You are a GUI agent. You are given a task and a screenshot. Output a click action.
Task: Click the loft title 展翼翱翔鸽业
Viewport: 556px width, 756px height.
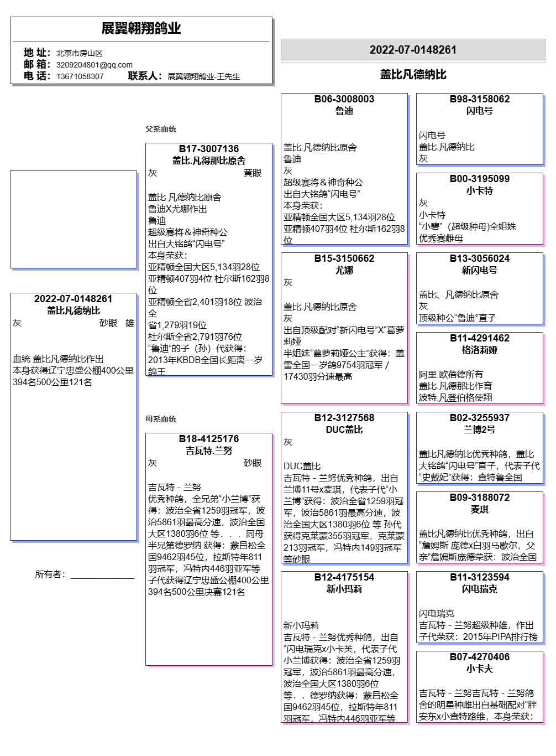[141, 28]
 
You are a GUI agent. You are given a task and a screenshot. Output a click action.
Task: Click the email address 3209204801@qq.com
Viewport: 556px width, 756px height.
[95, 65]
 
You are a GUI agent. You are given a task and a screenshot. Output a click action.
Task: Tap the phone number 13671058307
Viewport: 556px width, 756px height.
[80, 76]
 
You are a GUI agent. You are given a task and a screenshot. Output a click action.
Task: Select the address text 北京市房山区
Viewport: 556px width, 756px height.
[80, 53]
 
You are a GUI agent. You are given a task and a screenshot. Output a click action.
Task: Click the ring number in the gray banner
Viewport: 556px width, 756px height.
[413, 50]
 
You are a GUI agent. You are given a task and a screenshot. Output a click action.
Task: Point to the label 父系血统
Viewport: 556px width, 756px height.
[161, 129]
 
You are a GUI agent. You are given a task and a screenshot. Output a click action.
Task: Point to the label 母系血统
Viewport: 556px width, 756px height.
[161, 419]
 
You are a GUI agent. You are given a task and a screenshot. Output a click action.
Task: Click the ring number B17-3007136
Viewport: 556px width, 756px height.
[209, 149]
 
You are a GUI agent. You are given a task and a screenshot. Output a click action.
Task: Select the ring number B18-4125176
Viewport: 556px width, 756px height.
[209, 439]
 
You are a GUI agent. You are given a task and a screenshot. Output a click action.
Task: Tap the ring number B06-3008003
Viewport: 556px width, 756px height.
[344, 99]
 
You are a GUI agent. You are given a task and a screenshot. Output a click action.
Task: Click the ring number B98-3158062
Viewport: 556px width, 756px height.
[480, 99]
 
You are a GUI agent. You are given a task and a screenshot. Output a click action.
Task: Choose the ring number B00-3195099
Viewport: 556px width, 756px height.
[480, 179]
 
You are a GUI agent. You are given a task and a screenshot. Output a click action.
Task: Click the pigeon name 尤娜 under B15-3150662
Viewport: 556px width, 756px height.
[344, 270]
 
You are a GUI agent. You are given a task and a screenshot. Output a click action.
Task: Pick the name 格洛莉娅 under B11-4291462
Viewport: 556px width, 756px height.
[480, 350]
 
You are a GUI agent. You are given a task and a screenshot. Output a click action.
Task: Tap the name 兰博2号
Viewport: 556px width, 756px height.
[480, 429]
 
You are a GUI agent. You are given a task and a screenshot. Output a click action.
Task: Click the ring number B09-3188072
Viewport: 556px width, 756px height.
[480, 498]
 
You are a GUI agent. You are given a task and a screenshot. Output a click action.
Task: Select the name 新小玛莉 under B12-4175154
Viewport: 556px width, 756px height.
[344, 589]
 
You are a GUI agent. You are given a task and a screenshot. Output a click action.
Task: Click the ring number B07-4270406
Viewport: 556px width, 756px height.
[480, 657]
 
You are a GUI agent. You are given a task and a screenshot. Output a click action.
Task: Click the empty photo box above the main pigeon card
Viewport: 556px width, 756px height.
[74, 219]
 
